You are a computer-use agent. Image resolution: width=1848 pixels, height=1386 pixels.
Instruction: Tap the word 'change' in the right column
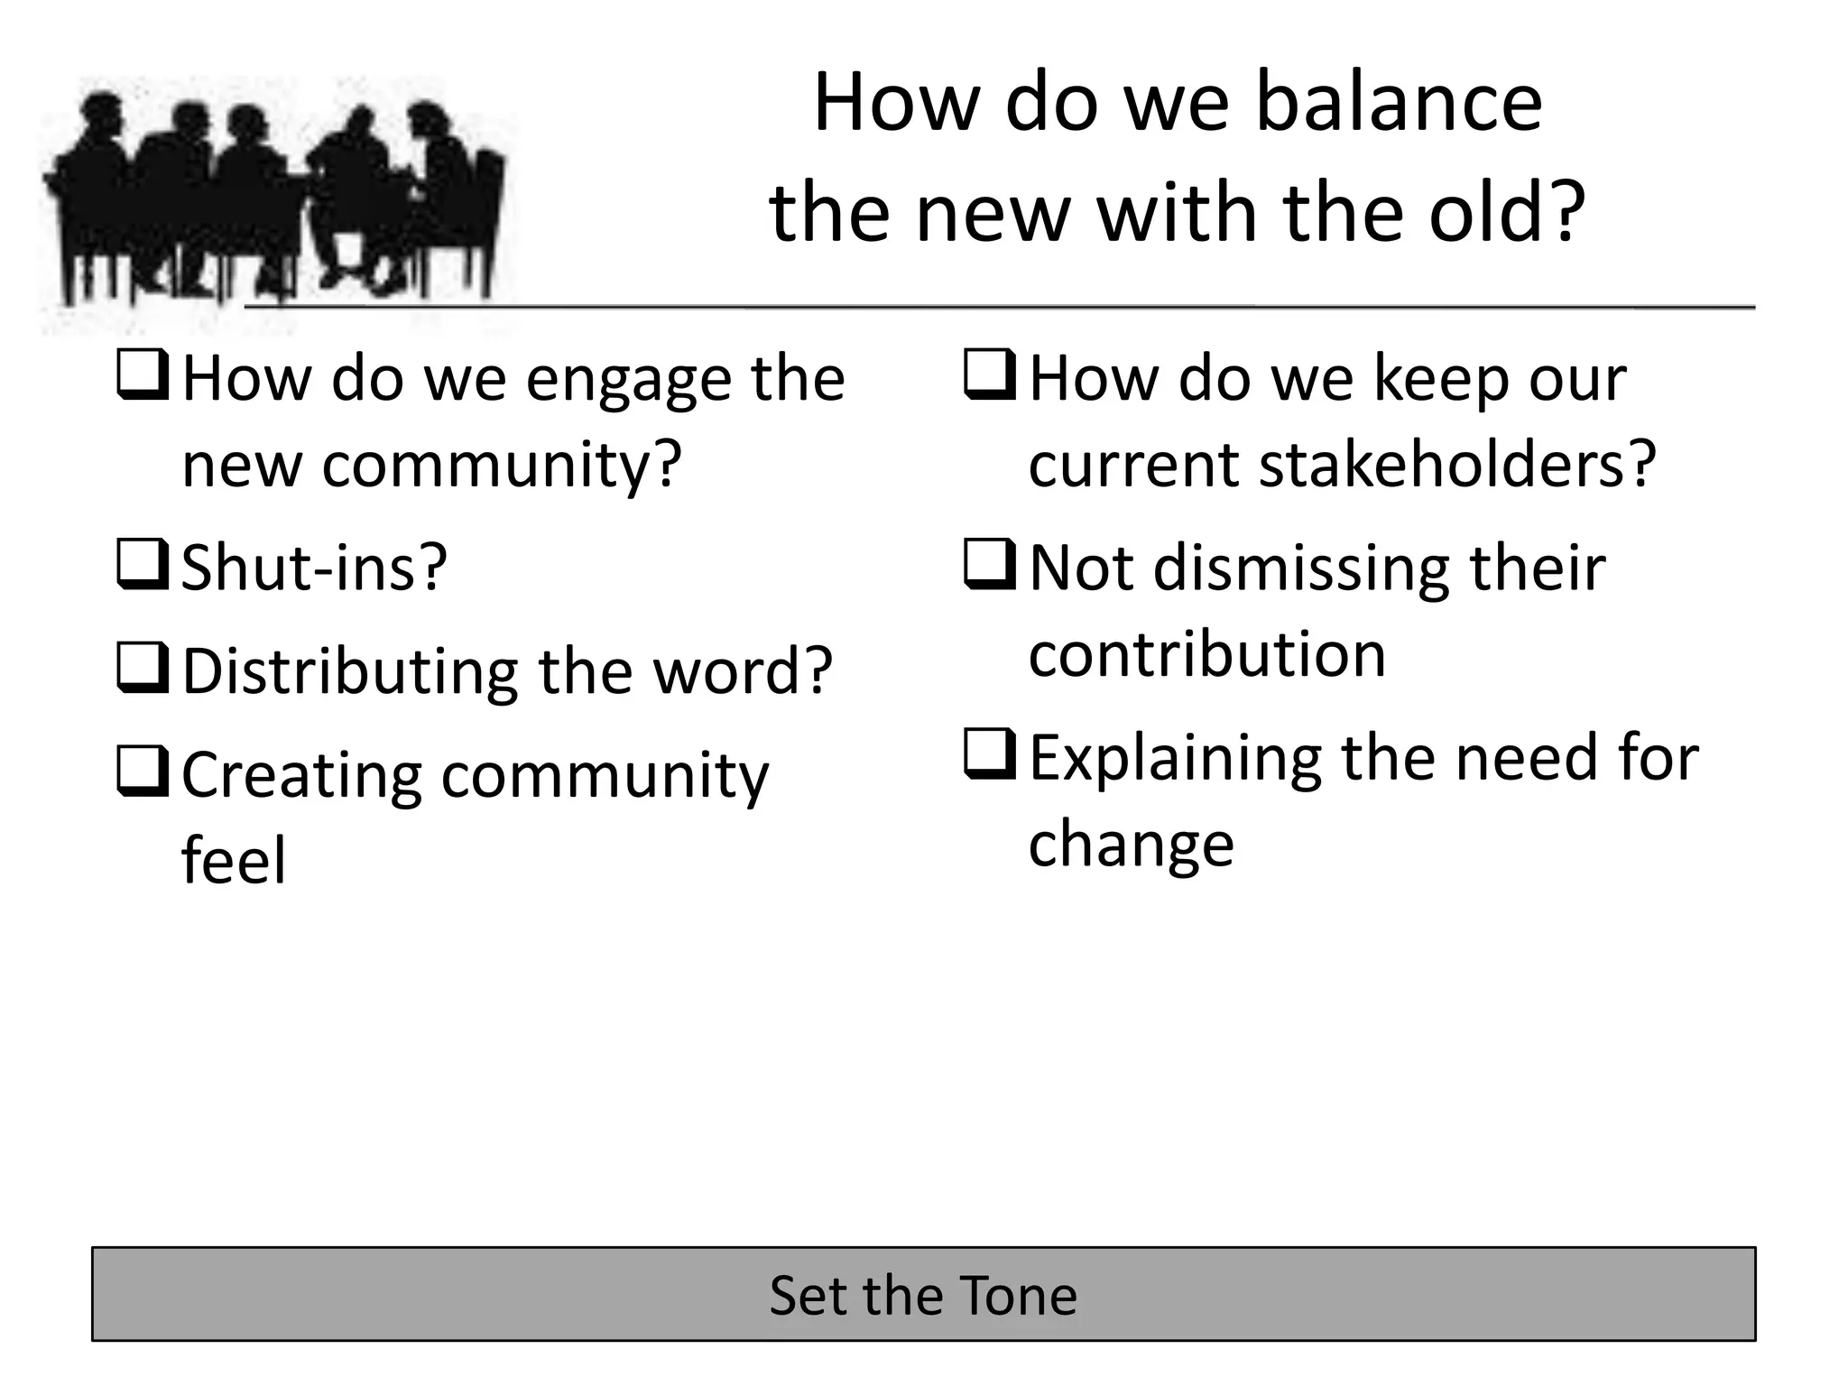click(x=1131, y=845)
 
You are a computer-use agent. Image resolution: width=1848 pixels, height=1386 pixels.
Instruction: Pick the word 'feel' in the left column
click(x=234, y=860)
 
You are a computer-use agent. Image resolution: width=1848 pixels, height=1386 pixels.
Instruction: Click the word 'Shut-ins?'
click(x=315, y=568)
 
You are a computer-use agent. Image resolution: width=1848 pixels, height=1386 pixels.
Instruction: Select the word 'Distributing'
click(x=350, y=672)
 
